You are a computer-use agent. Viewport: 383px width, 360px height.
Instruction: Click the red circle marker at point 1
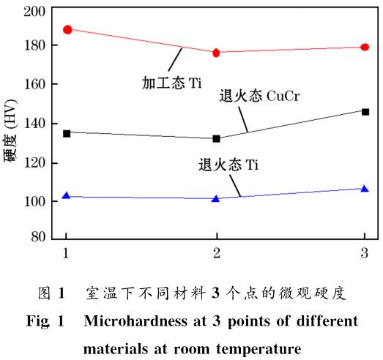[x=67, y=29]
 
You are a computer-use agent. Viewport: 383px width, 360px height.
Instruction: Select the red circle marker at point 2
[x=216, y=53]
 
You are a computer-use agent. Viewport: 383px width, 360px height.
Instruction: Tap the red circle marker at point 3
[x=365, y=47]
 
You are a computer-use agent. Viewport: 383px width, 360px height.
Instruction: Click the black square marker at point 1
[x=67, y=133]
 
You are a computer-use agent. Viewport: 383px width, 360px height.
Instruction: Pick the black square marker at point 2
[x=216, y=138]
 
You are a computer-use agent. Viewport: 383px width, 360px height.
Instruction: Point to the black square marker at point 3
[x=365, y=111]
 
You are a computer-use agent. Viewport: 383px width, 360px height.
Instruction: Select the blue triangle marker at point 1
[x=67, y=195]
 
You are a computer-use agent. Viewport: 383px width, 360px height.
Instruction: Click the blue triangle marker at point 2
[x=216, y=198]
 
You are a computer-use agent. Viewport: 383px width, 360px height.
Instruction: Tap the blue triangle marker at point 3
[x=365, y=188]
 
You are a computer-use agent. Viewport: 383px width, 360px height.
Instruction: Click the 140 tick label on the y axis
[x=38, y=123]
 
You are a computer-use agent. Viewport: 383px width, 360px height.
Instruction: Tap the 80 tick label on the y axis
[x=42, y=238]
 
